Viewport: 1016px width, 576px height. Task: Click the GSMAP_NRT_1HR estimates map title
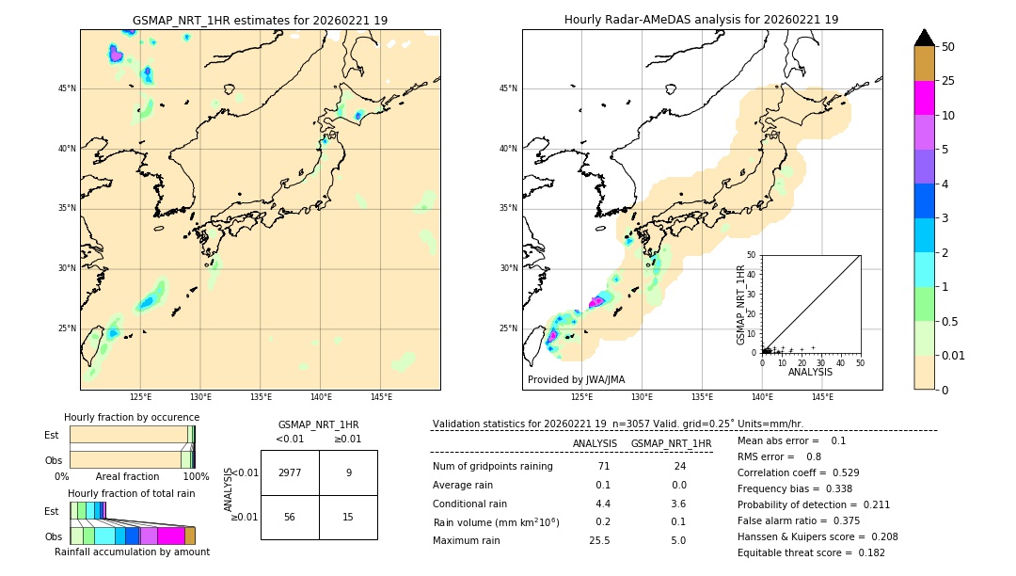pos(260,20)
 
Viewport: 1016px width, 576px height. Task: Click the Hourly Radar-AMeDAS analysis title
pos(701,20)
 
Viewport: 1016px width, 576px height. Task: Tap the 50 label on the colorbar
pos(948,46)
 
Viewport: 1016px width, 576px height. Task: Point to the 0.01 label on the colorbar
pos(954,355)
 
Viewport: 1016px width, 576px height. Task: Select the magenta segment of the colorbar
pos(925,98)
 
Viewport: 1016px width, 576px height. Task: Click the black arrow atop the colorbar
pos(925,38)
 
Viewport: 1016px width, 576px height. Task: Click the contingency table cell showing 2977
pos(290,472)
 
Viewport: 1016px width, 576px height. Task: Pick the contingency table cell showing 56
pos(290,517)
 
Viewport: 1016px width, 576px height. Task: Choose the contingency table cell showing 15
pos(348,517)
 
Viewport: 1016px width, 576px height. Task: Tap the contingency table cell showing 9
pos(348,472)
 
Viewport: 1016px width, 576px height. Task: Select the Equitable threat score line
pos(797,553)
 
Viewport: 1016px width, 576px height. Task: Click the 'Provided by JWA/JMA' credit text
pos(576,380)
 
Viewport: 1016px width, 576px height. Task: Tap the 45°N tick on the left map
pos(67,88)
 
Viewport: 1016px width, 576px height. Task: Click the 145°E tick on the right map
pos(822,397)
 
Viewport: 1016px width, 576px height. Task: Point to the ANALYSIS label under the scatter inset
pos(810,372)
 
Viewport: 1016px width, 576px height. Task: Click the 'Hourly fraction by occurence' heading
pos(132,417)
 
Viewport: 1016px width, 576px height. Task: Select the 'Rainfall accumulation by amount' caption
pos(132,552)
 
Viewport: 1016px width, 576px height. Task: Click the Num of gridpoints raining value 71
pos(603,466)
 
